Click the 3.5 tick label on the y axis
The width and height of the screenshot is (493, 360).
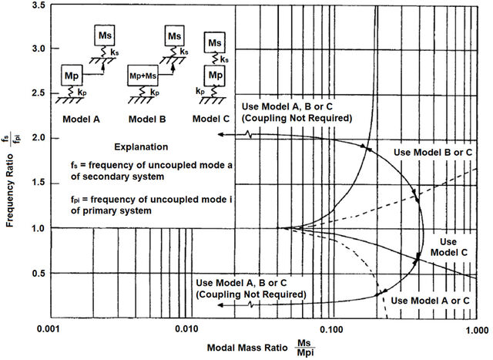(x=39, y=5)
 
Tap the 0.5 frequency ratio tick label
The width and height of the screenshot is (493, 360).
(x=39, y=274)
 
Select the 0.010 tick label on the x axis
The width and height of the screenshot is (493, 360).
(x=186, y=329)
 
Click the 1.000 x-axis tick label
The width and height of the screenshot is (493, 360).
(x=477, y=330)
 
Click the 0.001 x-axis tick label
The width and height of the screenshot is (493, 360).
(x=49, y=329)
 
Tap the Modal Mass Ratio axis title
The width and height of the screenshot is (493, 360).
(x=247, y=348)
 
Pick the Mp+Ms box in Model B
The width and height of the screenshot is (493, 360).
(x=143, y=76)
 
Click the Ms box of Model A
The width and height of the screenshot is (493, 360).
(x=105, y=35)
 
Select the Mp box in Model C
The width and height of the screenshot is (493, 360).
(x=215, y=76)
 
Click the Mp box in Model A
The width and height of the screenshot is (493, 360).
(x=72, y=76)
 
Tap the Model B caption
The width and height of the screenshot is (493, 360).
(x=147, y=119)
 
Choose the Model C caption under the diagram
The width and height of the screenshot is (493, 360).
(x=211, y=119)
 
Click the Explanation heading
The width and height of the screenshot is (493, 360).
(x=141, y=147)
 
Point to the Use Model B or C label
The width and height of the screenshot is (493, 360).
(x=433, y=153)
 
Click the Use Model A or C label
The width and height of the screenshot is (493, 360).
(x=430, y=301)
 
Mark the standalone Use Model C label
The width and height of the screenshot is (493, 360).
(x=448, y=247)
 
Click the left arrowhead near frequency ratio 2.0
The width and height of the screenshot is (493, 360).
(x=221, y=135)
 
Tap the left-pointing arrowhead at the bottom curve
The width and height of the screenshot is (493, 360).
(x=221, y=305)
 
